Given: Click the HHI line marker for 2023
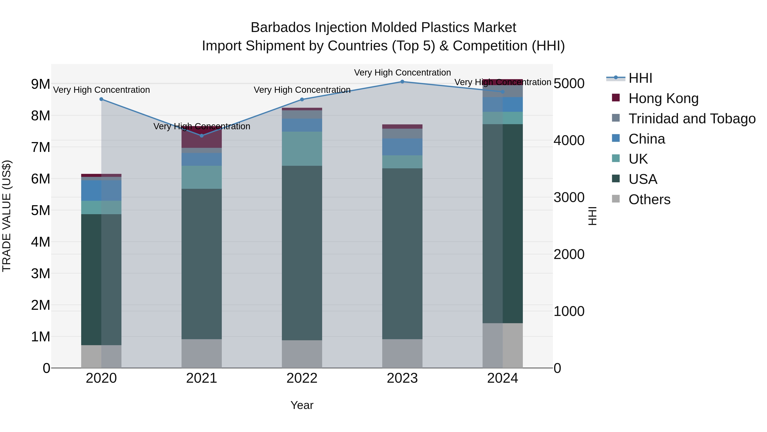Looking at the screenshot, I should [x=402, y=82].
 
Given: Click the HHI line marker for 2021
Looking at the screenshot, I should [x=202, y=136].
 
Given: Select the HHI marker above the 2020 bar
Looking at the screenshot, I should [x=101, y=99].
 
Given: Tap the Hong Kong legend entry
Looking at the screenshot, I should [x=663, y=98].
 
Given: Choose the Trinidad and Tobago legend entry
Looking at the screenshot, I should [x=692, y=118].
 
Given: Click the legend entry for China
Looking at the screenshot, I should [x=646, y=139].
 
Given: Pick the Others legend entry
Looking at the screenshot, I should [x=649, y=199].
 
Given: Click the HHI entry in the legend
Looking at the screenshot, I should [x=640, y=78].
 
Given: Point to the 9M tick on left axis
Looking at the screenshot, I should [x=40, y=84].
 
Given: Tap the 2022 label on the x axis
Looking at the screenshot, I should [x=302, y=378].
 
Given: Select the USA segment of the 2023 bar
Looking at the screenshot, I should [x=402, y=253].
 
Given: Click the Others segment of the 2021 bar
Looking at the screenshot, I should [x=202, y=353].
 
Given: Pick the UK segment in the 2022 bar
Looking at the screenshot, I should [x=302, y=148].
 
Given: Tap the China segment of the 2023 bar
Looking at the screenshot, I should [x=402, y=147].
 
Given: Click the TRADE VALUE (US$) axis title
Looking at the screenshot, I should [x=7, y=216].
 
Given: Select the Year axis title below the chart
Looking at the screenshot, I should [x=302, y=405].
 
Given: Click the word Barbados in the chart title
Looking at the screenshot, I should [x=281, y=28].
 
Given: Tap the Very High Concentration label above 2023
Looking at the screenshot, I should [x=402, y=73].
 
